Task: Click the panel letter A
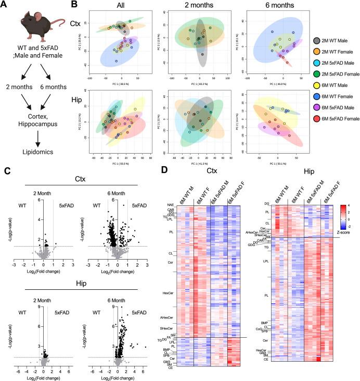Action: coord(5,5)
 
